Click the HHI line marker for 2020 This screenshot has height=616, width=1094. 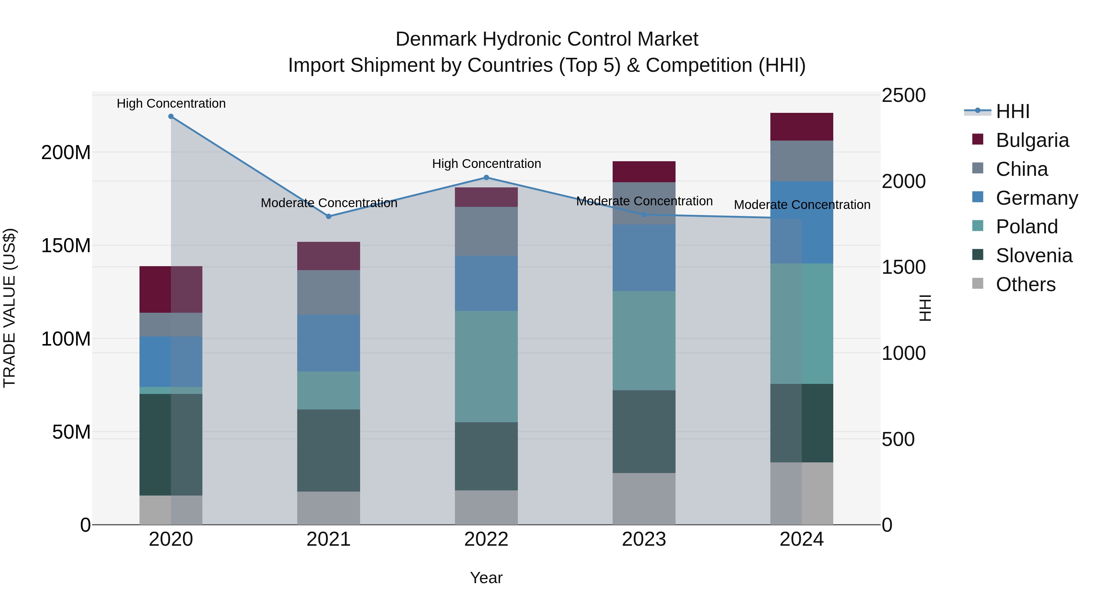click(171, 117)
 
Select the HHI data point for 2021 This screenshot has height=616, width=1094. click(328, 216)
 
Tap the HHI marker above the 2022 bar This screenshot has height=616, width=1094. click(486, 178)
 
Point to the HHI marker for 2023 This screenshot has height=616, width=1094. click(644, 215)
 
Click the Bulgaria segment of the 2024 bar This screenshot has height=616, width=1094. click(801, 127)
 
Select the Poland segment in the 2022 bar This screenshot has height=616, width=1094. click(486, 367)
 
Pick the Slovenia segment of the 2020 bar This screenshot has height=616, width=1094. click(171, 445)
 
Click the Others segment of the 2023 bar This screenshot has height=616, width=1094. click(644, 499)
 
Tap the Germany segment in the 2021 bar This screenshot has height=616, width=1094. click(328, 343)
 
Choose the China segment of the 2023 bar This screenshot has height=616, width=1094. click(644, 203)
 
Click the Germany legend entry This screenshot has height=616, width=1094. click(1036, 198)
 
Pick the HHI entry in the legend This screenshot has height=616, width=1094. click(1013, 111)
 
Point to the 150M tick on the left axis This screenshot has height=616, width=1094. click(66, 246)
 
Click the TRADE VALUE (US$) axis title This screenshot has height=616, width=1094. click(9, 308)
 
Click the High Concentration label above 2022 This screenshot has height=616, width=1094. click(486, 164)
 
